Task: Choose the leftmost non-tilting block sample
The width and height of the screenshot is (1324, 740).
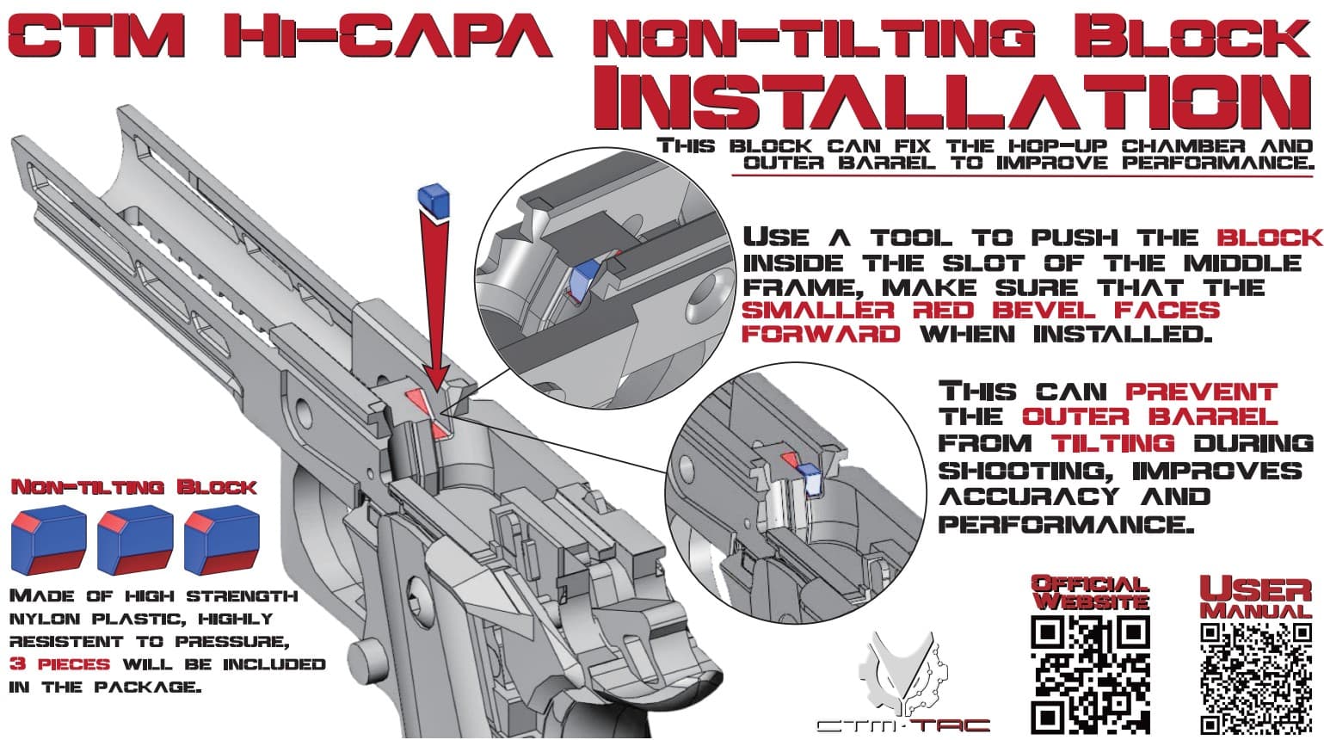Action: click(x=48, y=541)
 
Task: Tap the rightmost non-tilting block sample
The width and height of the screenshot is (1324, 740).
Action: click(x=221, y=541)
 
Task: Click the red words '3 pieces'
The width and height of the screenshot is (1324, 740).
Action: click(x=59, y=664)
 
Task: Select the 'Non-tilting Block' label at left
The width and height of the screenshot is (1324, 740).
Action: click(x=133, y=487)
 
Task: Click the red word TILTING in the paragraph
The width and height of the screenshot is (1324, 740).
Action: click(x=1112, y=443)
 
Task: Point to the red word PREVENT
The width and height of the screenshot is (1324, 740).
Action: click(x=1201, y=392)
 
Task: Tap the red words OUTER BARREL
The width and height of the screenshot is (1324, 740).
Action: click(x=1149, y=417)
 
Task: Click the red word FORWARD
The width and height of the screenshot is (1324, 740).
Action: click(x=821, y=333)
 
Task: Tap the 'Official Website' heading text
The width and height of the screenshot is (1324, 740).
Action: click(x=1090, y=593)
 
